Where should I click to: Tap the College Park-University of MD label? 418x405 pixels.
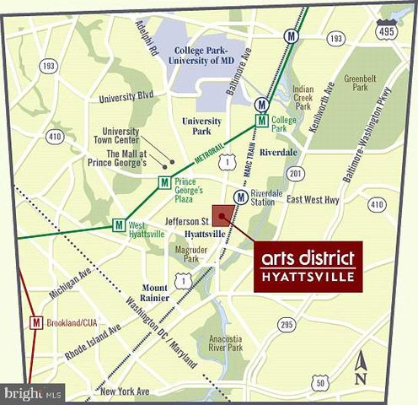point(200,56)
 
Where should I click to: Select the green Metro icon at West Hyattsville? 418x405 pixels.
point(119,225)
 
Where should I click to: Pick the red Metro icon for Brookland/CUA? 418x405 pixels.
point(36,322)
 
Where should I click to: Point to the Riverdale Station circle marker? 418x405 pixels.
point(241,197)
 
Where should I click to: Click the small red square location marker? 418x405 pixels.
point(223,215)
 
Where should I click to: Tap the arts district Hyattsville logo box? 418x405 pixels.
point(308,266)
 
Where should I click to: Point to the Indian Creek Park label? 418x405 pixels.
point(303,98)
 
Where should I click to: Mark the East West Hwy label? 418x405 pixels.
point(313,199)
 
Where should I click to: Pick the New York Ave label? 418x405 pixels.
point(124,391)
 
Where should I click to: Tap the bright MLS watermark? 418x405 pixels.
point(33,393)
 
